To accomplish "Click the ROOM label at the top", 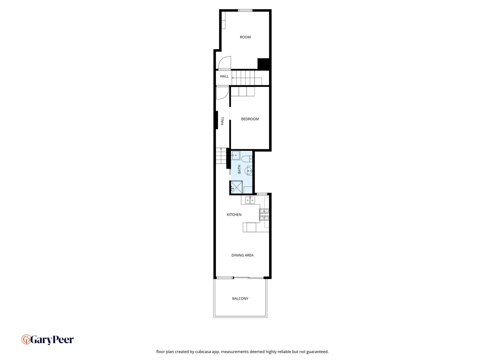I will click(245, 37).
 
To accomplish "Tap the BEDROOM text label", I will click(250, 119).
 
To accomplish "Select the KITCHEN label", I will click(234, 215).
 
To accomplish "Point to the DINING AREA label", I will click(243, 255).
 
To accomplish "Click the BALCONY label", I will click(240, 299).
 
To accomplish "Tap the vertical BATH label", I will click(239, 169).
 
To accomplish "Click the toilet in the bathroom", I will click(247, 159).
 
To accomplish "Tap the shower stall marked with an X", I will click(236, 187).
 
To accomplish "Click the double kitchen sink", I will click(250, 200).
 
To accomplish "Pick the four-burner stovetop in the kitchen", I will click(264, 215).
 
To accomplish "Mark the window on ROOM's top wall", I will click(245, 10).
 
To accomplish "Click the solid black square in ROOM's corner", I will click(263, 64).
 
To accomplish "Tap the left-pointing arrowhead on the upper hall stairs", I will click(233, 78).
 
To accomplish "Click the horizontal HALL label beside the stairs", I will click(224, 77).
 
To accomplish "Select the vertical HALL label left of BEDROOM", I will click(222, 121).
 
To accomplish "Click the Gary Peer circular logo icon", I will click(26, 339).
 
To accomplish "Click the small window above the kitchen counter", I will click(262, 194).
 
